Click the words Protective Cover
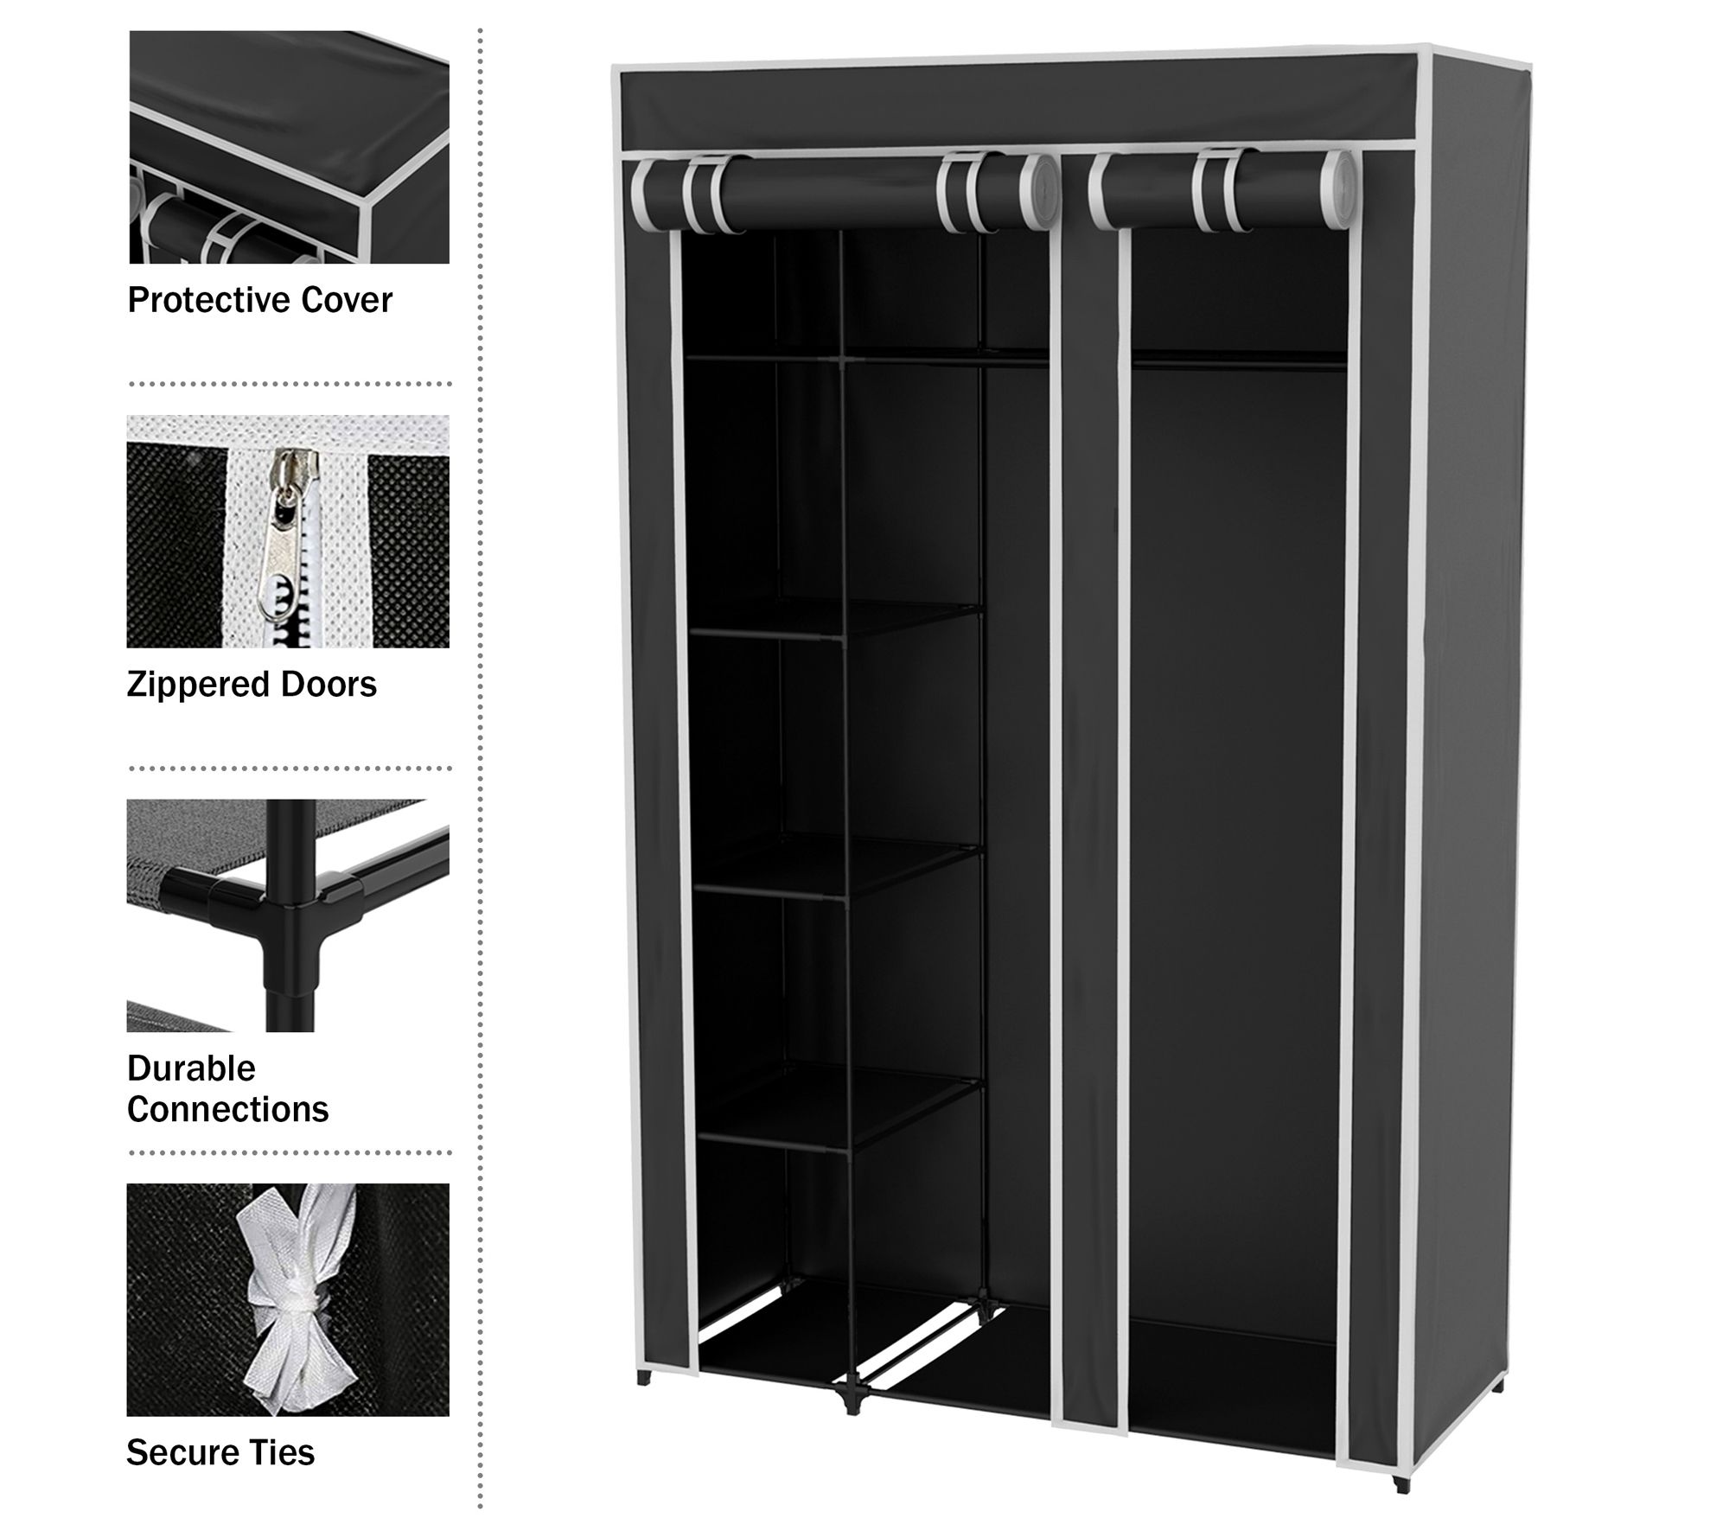pyautogui.click(x=259, y=300)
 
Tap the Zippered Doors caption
pyautogui.click(x=252, y=684)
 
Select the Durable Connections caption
pyautogui.click(x=227, y=1088)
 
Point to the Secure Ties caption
pyautogui.click(x=220, y=1452)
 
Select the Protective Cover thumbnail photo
pyautogui.click(x=289, y=147)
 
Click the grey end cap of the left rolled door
pyautogui.click(x=1037, y=195)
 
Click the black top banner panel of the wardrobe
pyautogui.click(x=1020, y=105)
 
